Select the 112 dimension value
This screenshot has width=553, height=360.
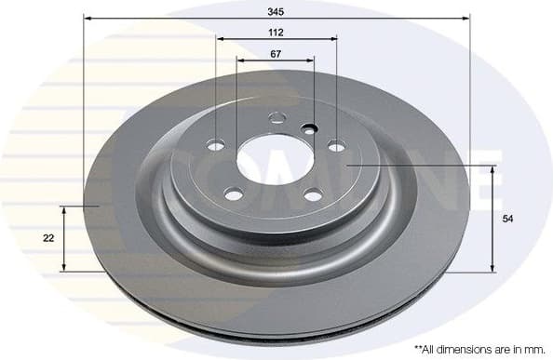pyautogui.click(x=276, y=32)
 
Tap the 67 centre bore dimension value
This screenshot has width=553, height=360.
pyautogui.click(x=276, y=54)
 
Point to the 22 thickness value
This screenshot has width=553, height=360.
pyautogui.click(x=48, y=238)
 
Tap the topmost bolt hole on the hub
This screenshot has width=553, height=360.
pyautogui.click(x=276, y=118)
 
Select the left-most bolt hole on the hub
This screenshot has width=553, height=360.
pyautogui.click(x=216, y=145)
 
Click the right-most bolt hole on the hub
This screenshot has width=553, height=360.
pyautogui.click(x=336, y=145)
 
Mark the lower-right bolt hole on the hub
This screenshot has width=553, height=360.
pyautogui.click(x=314, y=194)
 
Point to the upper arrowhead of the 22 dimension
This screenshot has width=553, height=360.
pyautogui.click(x=63, y=209)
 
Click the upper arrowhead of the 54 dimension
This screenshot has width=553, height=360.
pyautogui.click(x=492, y=168)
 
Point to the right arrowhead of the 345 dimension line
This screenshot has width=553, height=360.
pyautogui.click(x=465, y=18)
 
